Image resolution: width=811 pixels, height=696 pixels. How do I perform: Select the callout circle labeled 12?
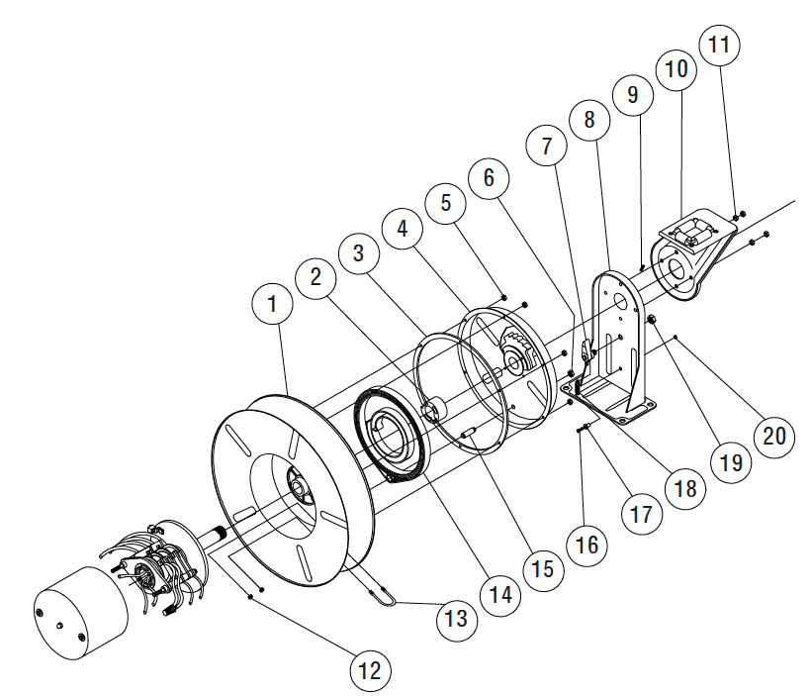pos(370,671)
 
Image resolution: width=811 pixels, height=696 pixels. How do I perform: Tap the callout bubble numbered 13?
pos(456,619)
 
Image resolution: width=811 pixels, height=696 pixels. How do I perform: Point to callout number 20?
pos(774,435)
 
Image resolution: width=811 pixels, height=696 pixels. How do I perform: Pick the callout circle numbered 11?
pos(719,46)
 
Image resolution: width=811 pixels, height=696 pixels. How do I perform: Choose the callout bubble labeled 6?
pos(490,179)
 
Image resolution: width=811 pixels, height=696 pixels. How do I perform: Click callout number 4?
pos(402,227)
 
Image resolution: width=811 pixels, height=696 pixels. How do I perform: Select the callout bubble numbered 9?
pos(633,95)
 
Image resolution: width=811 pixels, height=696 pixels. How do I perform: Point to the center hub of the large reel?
pos(300,485)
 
